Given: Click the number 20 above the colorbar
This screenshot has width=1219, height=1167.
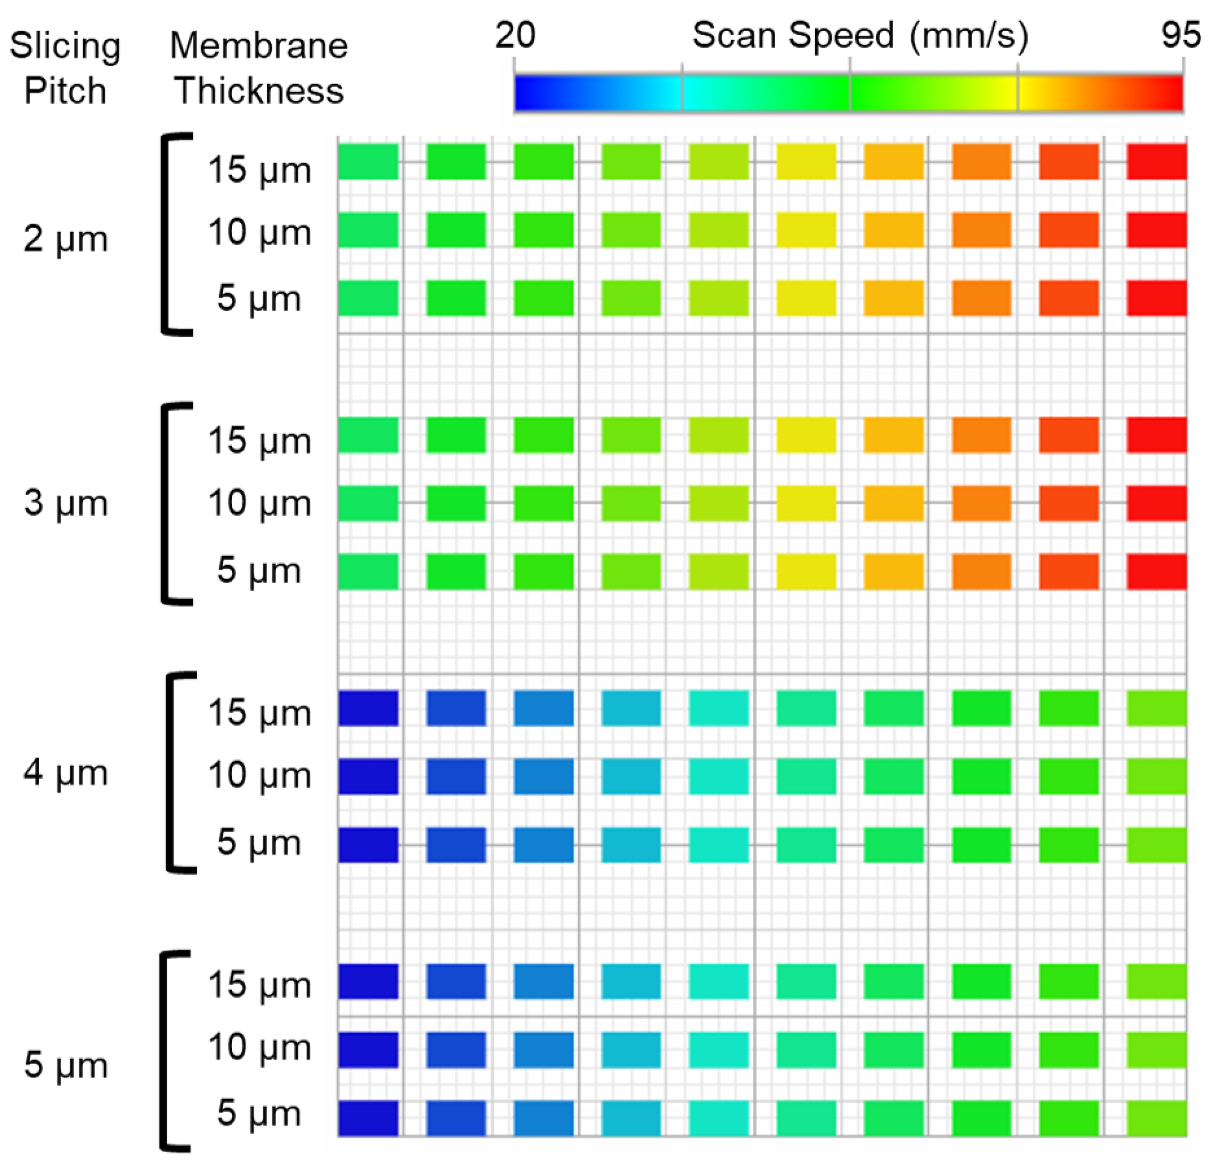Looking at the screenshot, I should coord(515,35).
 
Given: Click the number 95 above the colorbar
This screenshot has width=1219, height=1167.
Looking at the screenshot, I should coord(1181,35).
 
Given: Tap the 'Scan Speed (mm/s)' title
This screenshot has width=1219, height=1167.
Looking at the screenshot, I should coord(860,35).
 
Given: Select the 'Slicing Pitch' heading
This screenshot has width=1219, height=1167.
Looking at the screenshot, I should coord(65,68).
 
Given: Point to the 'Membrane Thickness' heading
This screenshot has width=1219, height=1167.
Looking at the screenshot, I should coord(259,68).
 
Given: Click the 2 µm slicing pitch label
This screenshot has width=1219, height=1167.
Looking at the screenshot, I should coord(65,238).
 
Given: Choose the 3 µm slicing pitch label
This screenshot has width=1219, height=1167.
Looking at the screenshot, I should coord(65,502).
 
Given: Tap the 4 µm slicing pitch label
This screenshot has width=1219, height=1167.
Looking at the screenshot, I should coord(65,773).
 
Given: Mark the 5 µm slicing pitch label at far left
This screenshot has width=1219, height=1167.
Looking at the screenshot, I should coord(65,1065).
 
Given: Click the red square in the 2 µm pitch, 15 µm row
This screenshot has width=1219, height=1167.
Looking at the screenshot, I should coord(1156,162).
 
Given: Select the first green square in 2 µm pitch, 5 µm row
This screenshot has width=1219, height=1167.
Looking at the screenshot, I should coord(368,298).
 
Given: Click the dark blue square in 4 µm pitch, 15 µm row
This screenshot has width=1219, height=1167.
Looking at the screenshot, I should coord(368,709).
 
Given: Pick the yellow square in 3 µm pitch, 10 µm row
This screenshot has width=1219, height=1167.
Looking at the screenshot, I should coord(806,503).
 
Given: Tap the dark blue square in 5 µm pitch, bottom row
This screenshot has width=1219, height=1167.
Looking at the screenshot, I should coord(368,1118).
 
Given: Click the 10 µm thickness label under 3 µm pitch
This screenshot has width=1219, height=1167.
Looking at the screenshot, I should coord(259,502).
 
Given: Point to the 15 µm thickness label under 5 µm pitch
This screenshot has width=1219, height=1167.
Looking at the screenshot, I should coord(259,985).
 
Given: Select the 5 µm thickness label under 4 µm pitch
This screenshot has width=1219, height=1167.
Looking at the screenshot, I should coord(259,842).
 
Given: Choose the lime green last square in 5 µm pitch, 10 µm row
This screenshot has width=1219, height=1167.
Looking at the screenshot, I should coord(1156,1050).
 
